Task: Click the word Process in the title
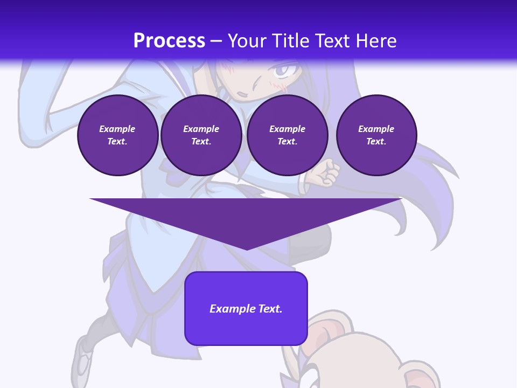169,40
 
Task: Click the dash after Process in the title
216,41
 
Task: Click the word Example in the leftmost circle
117,129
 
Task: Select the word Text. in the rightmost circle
376,141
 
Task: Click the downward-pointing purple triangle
246,216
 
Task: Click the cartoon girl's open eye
284,71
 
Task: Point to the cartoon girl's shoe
83,356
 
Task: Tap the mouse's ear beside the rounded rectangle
323,331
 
